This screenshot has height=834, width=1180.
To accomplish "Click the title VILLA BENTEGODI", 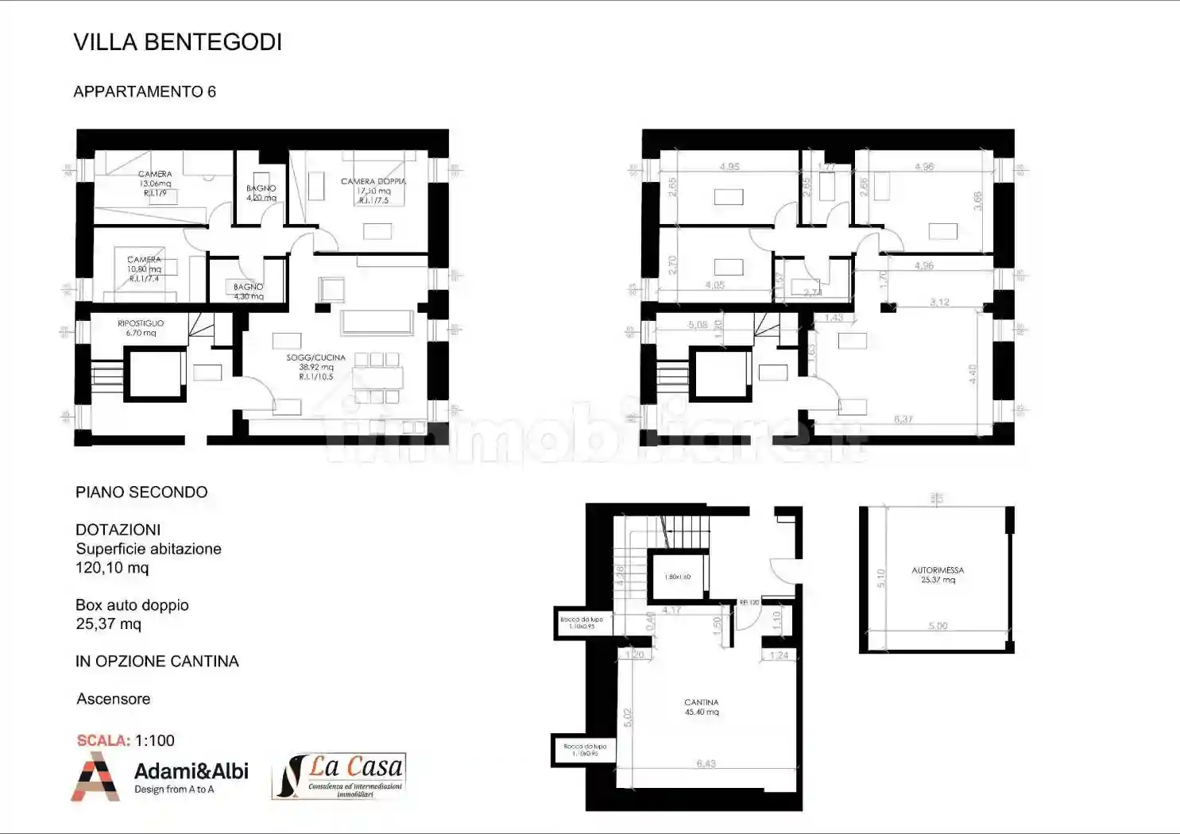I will click(x=177, y=42).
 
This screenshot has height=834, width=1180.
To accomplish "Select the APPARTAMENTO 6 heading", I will click(x=145, y=91).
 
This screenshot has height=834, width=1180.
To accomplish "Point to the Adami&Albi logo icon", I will click(x=95, y=776).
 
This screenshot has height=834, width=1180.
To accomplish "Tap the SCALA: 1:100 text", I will click(x=126, y=740).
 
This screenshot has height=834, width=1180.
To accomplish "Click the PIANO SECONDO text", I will click(x=141, y=492).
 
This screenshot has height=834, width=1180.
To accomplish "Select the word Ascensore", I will click(x=113, y=699).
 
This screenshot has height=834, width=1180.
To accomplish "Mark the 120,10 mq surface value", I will click(x=112, y=568).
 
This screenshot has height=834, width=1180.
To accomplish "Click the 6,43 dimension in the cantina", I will click(x=706, y=764).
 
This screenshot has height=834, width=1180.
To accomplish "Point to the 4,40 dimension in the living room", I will click(x=973, y=374).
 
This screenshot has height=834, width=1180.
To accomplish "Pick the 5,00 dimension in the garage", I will click(x=938, y=626).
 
